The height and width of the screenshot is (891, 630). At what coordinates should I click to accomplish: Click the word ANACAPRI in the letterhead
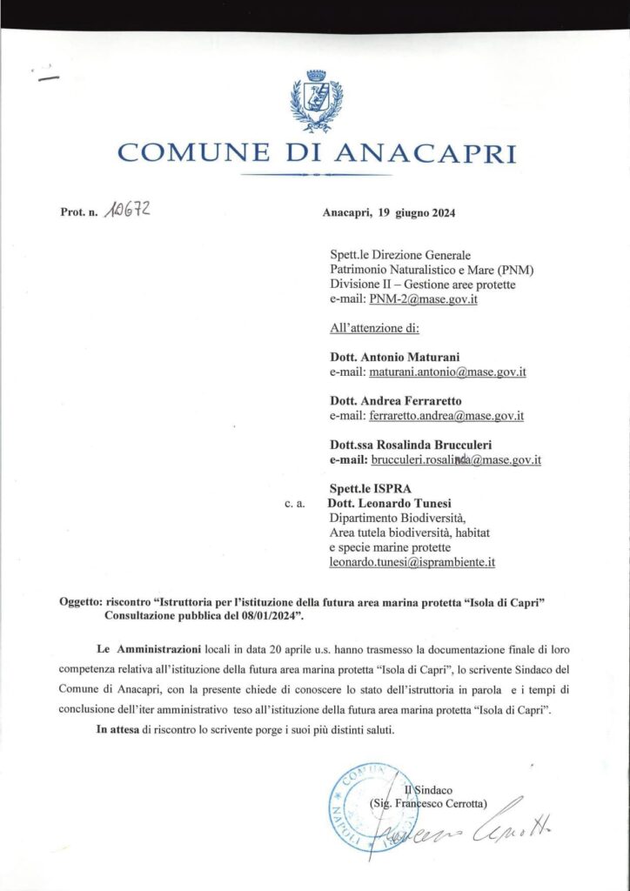(424, 153)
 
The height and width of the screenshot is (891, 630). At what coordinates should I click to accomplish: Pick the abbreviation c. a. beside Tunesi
(293, 504)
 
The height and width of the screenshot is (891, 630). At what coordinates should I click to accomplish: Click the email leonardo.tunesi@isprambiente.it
(412, 562)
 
